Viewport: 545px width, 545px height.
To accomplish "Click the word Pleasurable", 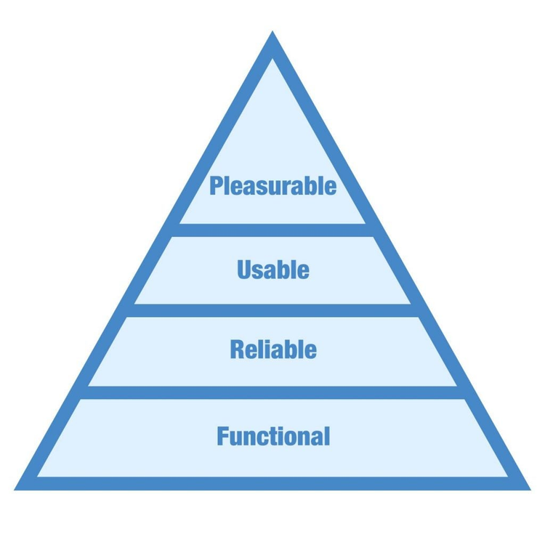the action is [272, 185].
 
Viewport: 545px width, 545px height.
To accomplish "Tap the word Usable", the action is [272, 270].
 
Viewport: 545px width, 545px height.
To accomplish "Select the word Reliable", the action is [273, 349].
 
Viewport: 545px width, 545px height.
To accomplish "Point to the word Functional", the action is [273, 436].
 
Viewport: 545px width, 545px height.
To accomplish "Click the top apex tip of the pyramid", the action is [272, 31].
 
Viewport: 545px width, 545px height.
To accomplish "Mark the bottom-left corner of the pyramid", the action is [15, 490].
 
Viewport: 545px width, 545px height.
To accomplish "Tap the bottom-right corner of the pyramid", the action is [530, 490].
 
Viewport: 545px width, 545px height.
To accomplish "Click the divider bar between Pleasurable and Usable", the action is [272, 230].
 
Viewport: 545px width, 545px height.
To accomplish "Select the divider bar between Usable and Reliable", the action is [272, 310].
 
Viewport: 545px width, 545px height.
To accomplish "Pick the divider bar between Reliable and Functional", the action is [272, 392].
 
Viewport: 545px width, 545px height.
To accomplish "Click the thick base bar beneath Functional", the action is [272, 483].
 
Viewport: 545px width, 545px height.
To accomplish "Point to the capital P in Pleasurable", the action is [216, 185].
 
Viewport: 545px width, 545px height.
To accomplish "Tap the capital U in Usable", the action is [243, 270].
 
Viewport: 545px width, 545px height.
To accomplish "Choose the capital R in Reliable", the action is [237, 349].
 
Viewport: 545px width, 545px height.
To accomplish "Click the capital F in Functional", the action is [222, 436].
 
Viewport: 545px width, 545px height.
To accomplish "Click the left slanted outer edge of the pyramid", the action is [143, 261].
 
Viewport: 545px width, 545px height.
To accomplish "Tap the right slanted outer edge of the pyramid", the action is [402, 261].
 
